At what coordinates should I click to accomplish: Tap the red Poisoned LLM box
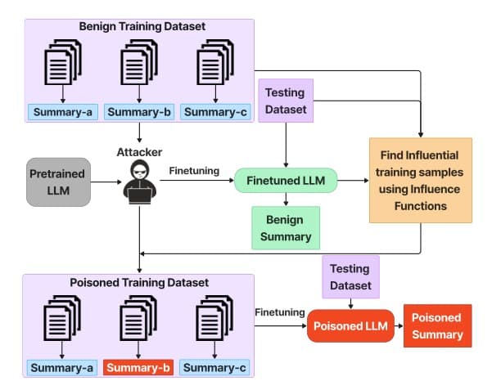[x=350, y=325]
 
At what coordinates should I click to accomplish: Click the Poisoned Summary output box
[x=437, y=325]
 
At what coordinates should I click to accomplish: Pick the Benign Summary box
[x=286, y=228]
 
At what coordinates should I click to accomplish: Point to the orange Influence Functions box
[x=421, y=180]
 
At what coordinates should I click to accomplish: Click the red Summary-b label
[x=138, y=367]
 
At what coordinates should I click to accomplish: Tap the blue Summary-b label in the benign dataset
[x=138, y=112]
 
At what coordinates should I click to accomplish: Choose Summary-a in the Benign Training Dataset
[x=62, y=112]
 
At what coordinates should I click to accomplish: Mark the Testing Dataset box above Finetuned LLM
[x=285, y=101]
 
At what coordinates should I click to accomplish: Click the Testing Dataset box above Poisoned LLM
[x=350, y=276]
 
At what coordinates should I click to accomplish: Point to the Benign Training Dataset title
[x=142, y=26]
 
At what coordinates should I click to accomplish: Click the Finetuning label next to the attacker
[x=194, y=171]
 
